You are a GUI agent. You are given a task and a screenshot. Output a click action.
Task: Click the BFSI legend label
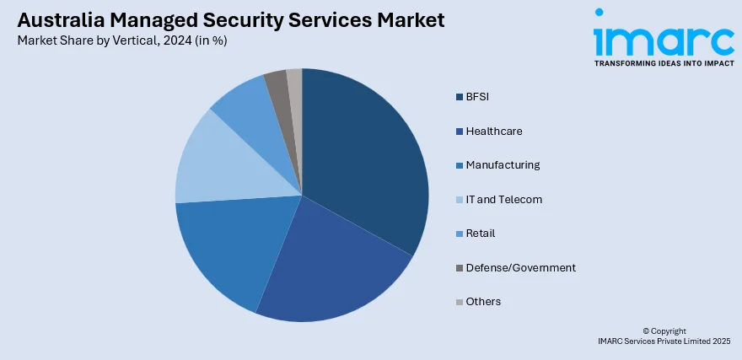coord(477,97)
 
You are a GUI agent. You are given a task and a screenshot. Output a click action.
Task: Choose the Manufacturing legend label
coord(503,165)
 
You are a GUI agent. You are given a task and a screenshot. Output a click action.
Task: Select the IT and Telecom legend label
coord(503,200)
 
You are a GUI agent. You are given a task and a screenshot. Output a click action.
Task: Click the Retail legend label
coord(480,234)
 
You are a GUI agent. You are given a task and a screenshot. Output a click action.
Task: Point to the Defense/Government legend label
coord(520,267)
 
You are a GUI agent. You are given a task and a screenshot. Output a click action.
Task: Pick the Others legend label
coord(483,302)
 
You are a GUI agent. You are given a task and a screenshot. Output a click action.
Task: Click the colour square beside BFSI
coord(459,97)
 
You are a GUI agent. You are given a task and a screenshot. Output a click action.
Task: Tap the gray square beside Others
coord(459,302)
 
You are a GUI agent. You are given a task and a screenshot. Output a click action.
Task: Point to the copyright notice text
coord(664,336)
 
